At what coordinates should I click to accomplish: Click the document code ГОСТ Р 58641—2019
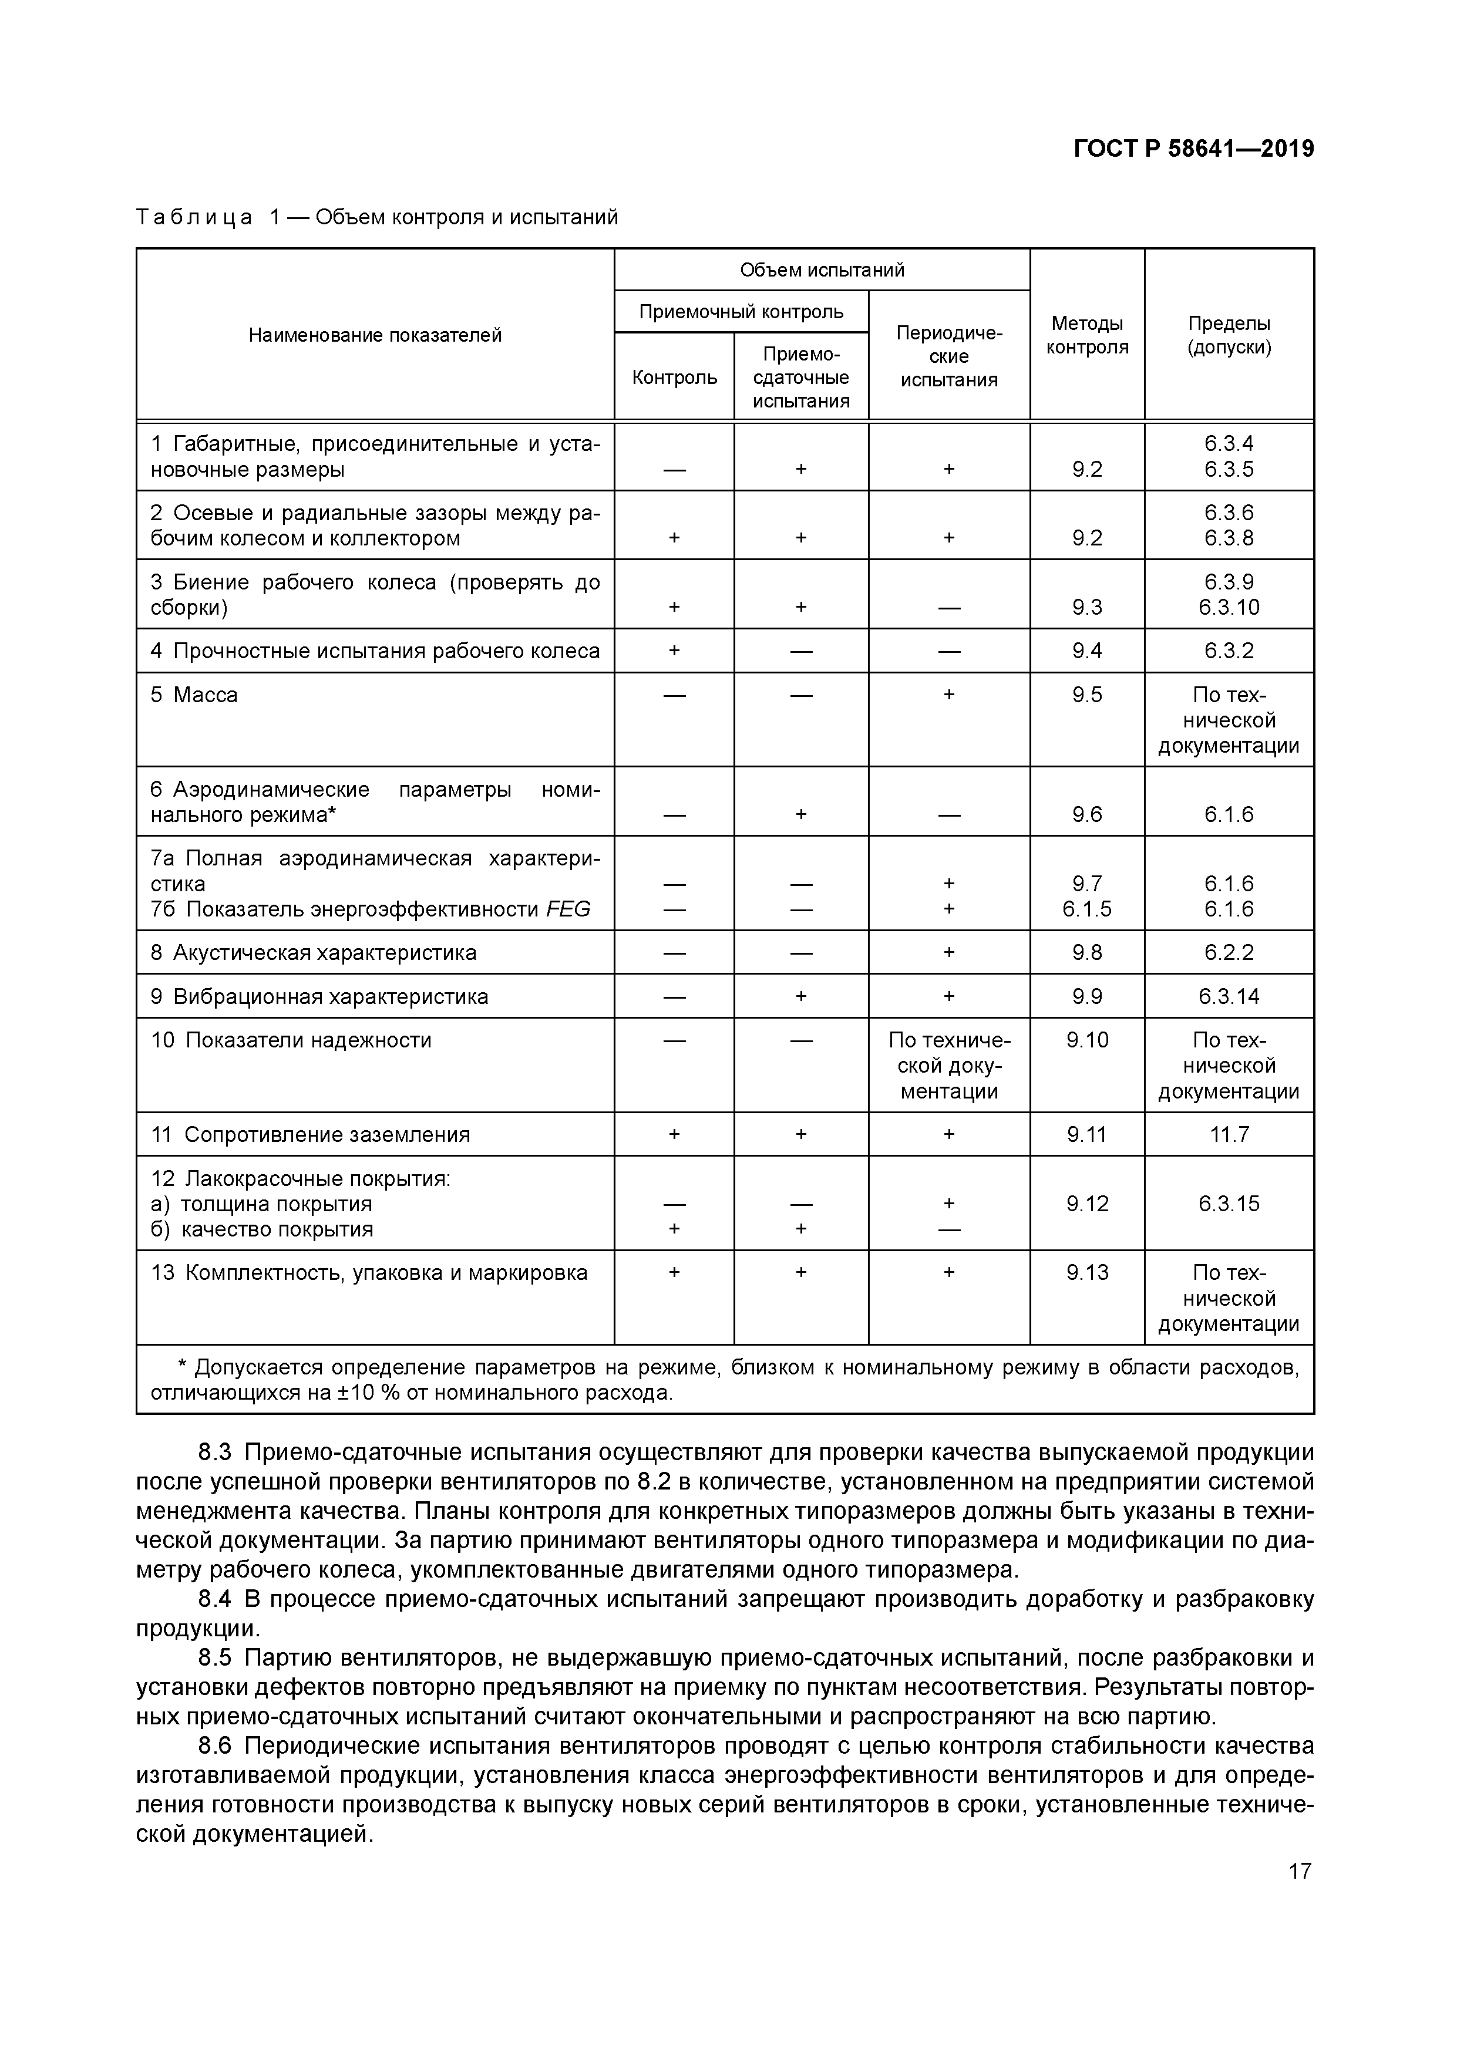pos(1193,149)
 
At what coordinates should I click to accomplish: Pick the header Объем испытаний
pos(822,270)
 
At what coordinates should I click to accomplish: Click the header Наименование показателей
pos(375,335)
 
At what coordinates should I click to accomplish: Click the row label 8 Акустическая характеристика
pos(314,952)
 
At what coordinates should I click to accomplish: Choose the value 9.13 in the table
pos(1088,1272)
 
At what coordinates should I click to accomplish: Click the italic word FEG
pos(568,909)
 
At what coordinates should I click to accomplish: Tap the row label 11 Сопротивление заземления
pos(311,1134)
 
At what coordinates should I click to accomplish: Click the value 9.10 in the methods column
pos(1088,1040)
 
